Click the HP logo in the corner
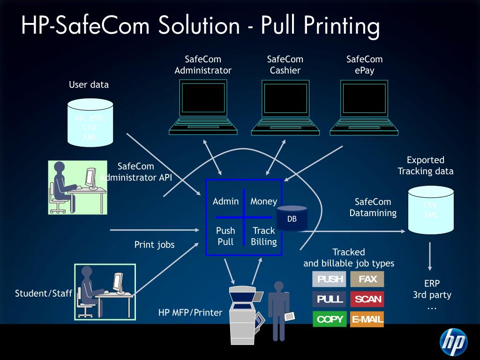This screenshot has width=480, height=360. coord(453,342)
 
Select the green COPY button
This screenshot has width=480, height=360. coord(330,319)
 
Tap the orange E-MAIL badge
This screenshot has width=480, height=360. coord(367,319)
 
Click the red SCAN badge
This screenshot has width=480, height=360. coord(367,299)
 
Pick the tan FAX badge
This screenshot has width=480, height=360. coord(367,279)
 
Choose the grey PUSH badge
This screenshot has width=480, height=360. coord(330,279)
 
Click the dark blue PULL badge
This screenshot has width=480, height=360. coord(330,299)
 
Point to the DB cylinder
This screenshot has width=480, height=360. coord(292,218)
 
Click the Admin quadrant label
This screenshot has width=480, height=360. coord(225,202)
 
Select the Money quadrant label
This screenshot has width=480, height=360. coord(263,202)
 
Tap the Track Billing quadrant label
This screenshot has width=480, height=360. coord(263,236)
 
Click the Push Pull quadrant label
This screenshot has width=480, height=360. coord(225,236)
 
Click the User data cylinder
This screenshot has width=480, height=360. coord(90,122)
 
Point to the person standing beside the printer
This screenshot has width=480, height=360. coord(279,310)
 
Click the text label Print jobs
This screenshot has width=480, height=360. coord(154,245)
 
